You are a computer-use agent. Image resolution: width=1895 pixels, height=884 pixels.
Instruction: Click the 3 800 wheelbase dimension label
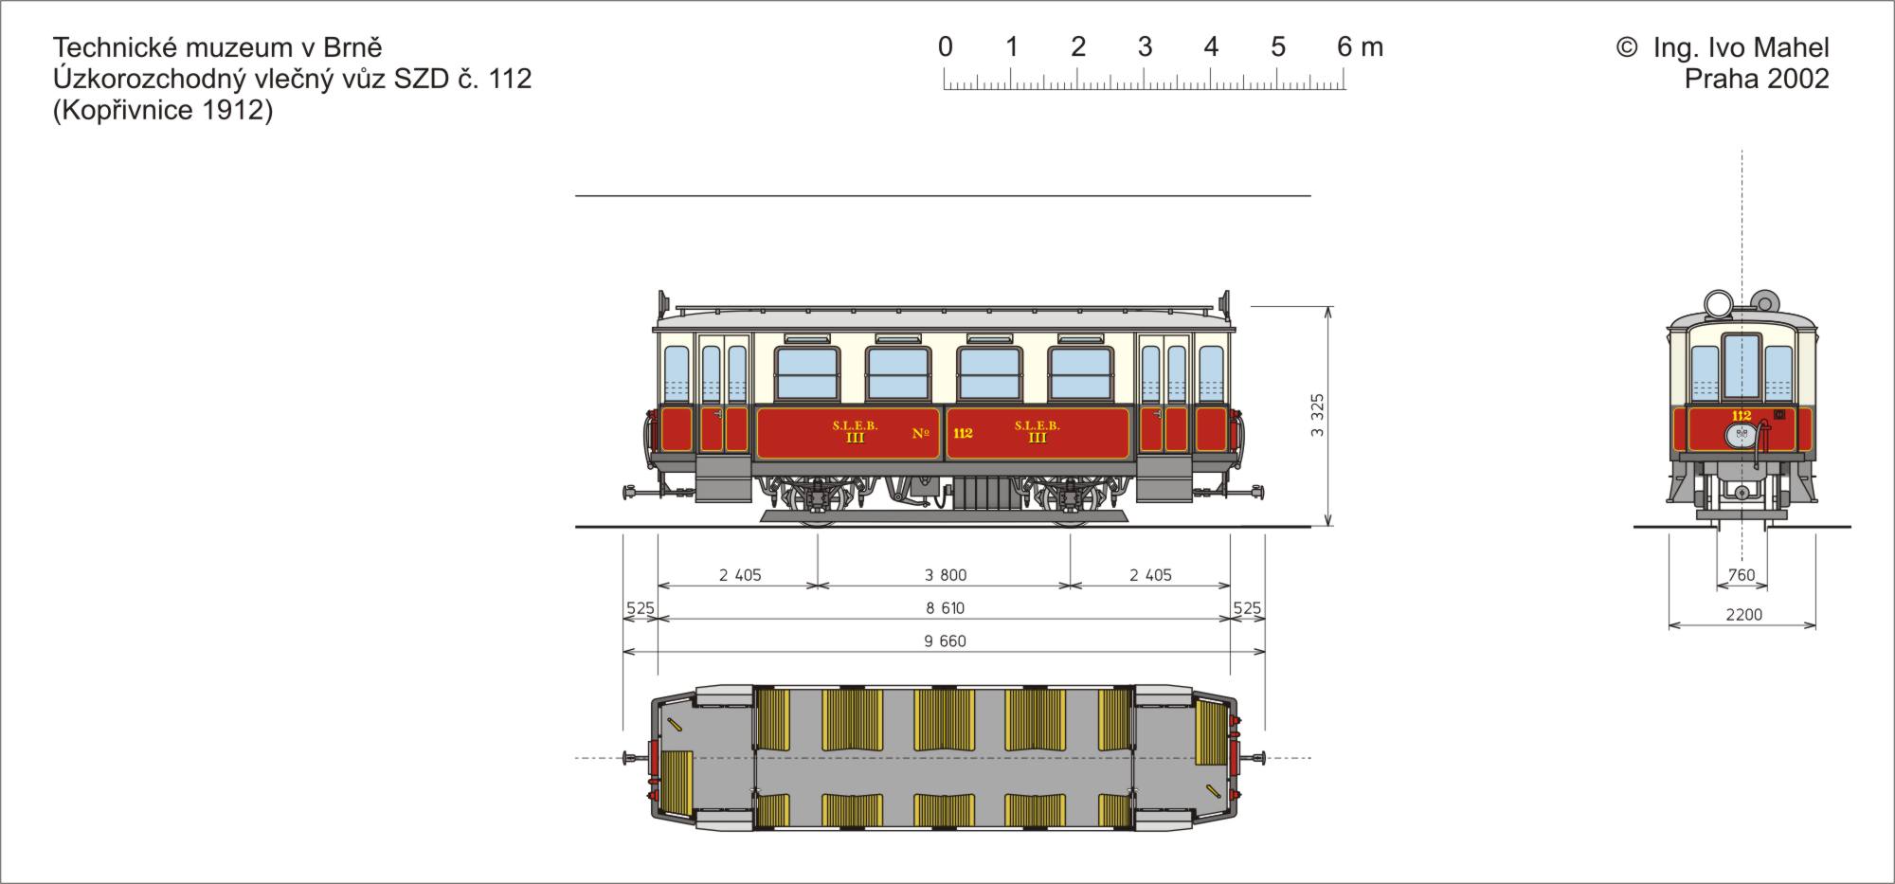pyautogui.click(x=946, y=575)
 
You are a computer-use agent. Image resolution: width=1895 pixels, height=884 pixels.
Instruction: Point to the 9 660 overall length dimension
pyautogui.click(x=946, y=641)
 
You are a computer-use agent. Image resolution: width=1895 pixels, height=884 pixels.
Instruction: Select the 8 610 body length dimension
pyautogui.click(x=946, y=608)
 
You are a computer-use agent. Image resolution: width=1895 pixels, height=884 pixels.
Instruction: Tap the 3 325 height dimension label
pyautogui.click(x=1317, y=415)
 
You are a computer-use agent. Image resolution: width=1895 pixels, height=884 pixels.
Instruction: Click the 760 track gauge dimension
pyautogui.click(x=1742, y=575)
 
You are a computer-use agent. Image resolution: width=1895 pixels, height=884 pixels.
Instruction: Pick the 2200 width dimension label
pyautogui.click(x=1743, y=615)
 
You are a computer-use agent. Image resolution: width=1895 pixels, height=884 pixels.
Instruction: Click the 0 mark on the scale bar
pyautogui.click(x=945, y=46)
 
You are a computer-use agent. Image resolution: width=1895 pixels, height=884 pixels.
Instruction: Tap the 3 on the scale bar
pyautogui.click(x=1145, y=46)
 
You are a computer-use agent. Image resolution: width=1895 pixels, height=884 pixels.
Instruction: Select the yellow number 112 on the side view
pyautogui.click(x=963, y=433)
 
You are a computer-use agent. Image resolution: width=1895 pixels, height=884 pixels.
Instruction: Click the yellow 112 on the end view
pyautogui.click(x=1742, y=416)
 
